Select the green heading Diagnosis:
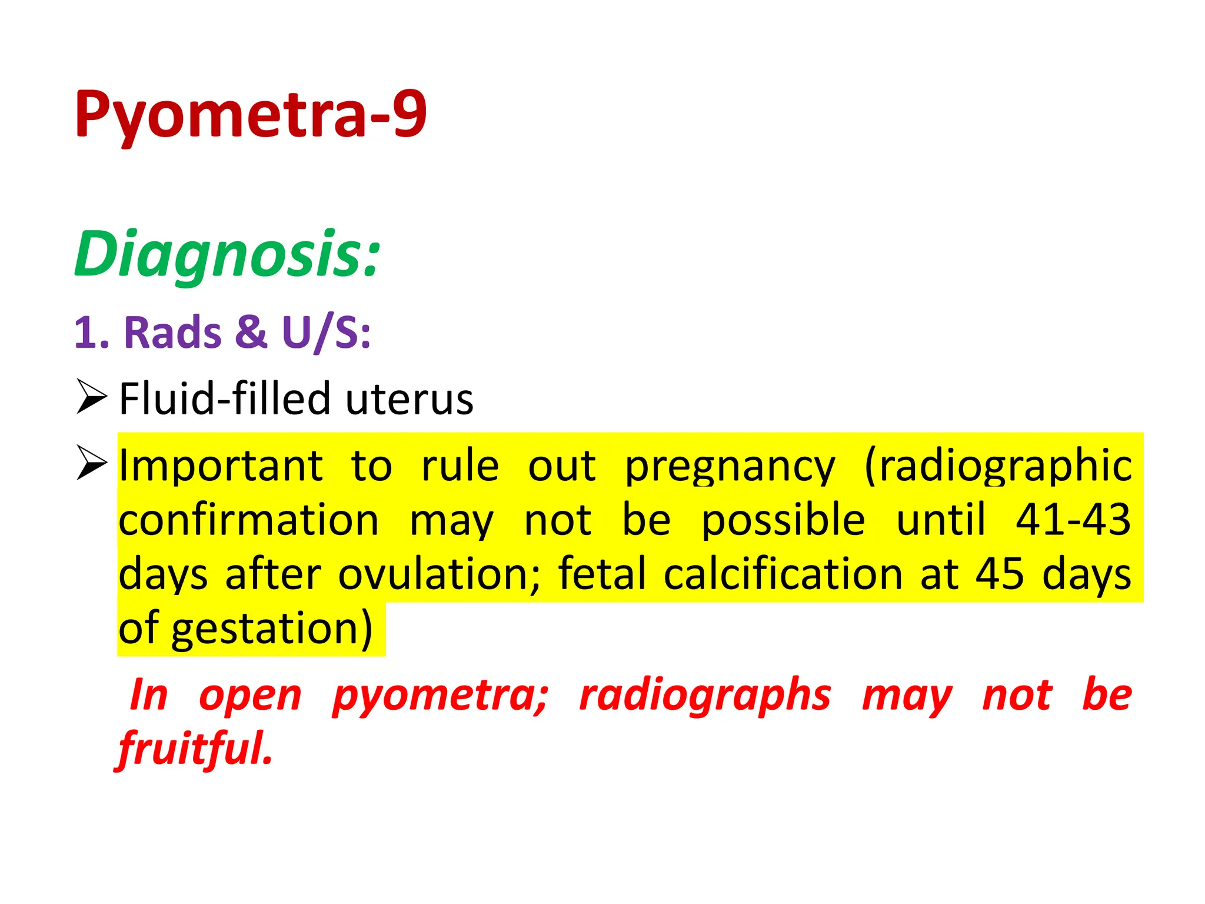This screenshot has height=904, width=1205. pos(227,254)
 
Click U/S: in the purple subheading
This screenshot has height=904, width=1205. pos(326,333)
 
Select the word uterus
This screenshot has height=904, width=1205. pos(409,399)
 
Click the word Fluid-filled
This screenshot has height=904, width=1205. pos(225,399)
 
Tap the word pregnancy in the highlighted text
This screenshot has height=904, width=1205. pos(730,466)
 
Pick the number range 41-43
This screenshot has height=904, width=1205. pos(1073,520)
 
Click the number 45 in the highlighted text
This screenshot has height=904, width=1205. pos(999,574)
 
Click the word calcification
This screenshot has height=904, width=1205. pos(783,574)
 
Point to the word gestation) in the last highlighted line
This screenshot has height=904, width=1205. pos(272,629)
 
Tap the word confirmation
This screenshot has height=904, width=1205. pos(249,520)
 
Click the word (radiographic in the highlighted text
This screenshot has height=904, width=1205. pos(998,466)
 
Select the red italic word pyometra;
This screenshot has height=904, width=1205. pos(440,696)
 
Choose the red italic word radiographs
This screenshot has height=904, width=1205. pos(705,696)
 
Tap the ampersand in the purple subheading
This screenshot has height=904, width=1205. pos(251,333)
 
